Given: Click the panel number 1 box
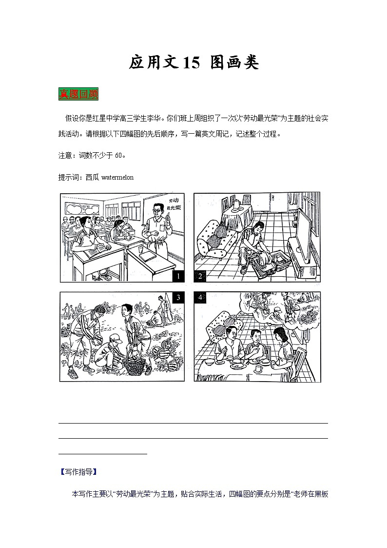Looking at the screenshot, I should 179,276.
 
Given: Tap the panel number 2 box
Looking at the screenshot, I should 200,276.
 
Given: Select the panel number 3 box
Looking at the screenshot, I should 179,297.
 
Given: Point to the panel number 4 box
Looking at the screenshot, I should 200,297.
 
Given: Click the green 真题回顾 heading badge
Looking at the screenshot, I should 78,94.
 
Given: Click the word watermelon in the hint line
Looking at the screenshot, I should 117,178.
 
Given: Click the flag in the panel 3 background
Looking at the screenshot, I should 165,307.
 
